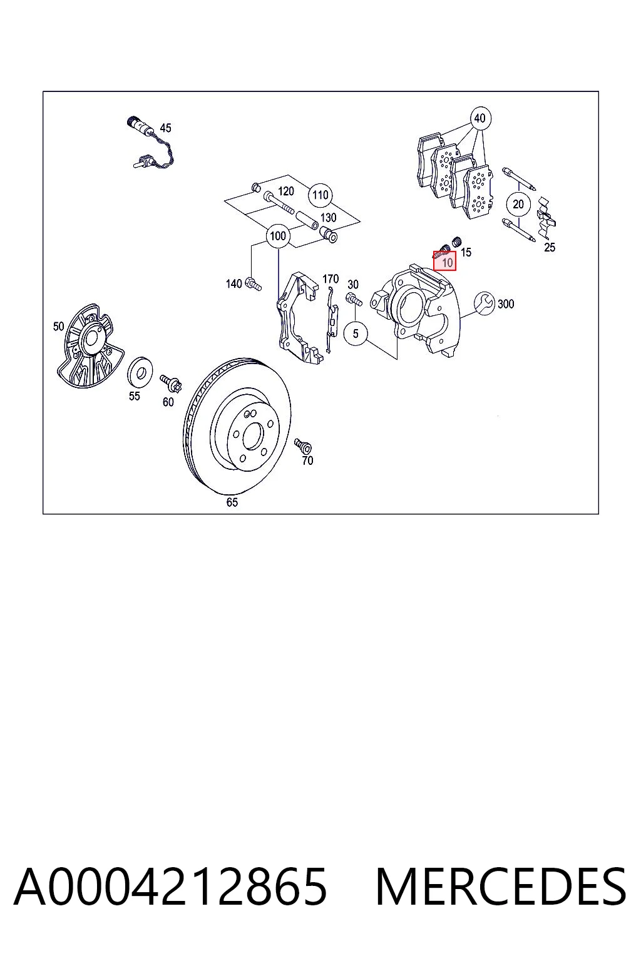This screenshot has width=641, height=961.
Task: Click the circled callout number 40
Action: (479, 118)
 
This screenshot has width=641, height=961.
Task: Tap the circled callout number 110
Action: (320, 195)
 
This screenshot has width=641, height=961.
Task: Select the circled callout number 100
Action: (278, 235)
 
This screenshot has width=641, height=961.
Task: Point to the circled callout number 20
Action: (518, 204)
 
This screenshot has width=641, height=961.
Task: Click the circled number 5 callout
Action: (356, 333)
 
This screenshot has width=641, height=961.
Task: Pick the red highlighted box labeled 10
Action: (444, 261)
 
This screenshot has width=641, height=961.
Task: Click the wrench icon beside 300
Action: (485, 303)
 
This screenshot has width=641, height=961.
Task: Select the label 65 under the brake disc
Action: (232, 502)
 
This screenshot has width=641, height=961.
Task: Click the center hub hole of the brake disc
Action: (252, 437)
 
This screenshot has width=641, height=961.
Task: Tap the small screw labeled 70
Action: (303, 446)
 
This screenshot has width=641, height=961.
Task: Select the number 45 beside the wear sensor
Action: (165, 128)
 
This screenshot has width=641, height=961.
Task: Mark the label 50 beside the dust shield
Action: (58, 327)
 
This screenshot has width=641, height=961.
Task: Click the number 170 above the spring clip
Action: (331, 279)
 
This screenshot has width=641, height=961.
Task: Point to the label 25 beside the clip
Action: (550, 248)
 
